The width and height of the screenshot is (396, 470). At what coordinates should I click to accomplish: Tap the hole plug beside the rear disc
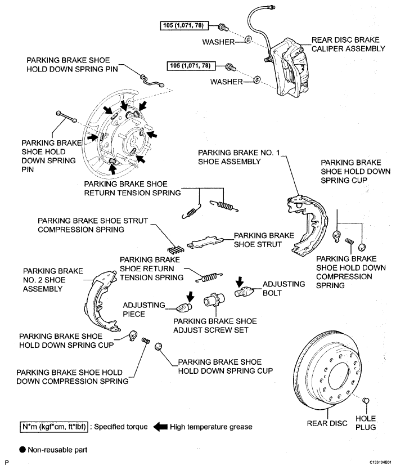tap(366, 400)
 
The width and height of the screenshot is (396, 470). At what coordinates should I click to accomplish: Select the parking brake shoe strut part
tap(205, 242)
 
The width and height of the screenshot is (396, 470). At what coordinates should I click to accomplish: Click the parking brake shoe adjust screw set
tap(214, 300)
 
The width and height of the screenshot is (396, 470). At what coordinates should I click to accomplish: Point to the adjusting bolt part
tap(244, 292)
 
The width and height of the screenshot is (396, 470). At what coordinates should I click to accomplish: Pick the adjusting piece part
tap(183, 307)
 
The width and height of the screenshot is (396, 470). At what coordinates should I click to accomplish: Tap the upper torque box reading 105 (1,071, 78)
tap(184, 26)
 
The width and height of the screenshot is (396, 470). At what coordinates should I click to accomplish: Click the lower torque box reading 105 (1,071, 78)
tap(191, 66)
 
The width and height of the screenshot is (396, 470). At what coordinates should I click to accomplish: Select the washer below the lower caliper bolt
tap(256, 80)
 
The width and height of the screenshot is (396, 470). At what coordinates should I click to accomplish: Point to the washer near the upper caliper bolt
tap(248, 39)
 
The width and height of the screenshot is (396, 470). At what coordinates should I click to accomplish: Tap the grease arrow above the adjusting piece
tap(190, 296)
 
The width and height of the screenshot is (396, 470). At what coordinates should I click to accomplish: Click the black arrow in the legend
tap(160, 427)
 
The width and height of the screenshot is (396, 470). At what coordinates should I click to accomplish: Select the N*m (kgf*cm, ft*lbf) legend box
tap(54, 427)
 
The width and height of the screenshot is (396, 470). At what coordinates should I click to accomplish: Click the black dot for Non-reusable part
tap(22, 450)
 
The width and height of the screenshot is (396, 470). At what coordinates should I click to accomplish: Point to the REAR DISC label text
tap(327, 423)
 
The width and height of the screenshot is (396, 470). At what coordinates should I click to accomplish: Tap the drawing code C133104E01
tap(380, 463)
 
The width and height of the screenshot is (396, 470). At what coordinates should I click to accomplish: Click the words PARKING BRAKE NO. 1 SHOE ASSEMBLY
tap(238, 157)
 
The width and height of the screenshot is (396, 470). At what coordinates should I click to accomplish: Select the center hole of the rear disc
tap(339, 379)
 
